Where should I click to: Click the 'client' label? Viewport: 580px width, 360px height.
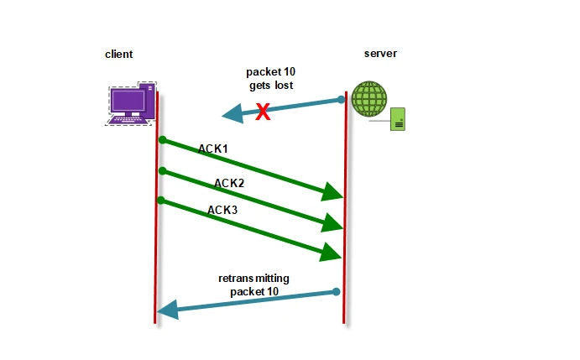coord(118,55)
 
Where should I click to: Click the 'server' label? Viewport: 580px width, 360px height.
coord(380,54)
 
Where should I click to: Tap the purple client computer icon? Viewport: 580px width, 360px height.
coord(131,103)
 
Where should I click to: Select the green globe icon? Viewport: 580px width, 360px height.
coord(369,99)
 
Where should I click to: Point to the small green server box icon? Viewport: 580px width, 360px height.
coord(399,120)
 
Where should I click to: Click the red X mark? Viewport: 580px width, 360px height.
coord(263,112)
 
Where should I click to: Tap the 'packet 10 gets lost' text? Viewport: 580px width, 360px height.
coord(269,79)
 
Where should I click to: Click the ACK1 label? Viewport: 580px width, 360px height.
coord(213,149)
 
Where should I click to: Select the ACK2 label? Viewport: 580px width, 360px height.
coord(230,182)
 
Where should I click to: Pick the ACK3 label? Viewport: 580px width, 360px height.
coord(222,210)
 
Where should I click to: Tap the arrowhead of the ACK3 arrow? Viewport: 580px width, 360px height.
coord(332,251)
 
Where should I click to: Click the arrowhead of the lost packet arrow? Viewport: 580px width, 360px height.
coord(230,115)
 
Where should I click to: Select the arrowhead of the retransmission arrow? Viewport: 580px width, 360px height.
coord(167,310)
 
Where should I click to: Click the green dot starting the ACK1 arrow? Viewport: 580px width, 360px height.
coord(161,139)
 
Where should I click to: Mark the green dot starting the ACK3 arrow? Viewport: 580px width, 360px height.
coord(161,201)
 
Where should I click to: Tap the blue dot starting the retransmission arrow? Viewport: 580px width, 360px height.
coord(336,292)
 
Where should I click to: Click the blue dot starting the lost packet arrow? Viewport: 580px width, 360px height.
coord(342,100)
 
